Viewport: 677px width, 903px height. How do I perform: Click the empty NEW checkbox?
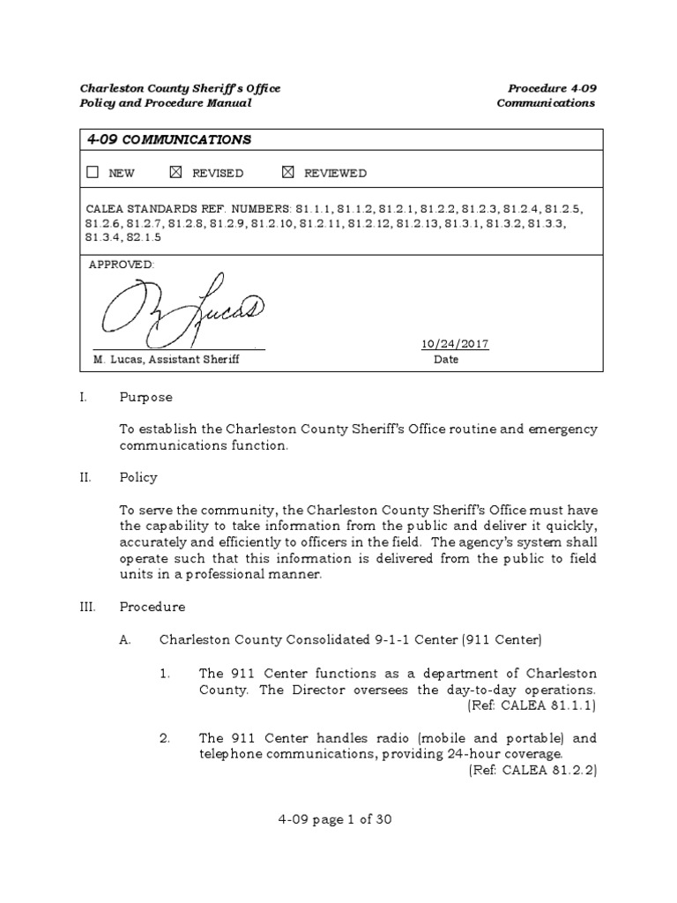point(93,173)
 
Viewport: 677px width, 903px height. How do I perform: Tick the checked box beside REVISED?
point(175,173)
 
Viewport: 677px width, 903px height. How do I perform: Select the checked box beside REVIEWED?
point(287,173)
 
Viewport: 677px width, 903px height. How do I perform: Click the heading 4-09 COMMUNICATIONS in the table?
point(168,139)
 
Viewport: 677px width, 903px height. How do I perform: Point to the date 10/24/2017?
point(456,345)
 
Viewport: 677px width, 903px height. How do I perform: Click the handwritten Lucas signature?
point(181,311)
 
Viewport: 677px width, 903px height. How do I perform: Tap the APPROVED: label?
point(123,265)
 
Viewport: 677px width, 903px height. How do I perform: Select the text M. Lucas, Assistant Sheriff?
point(167,360)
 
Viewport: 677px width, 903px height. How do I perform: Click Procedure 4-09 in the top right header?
point(552,88)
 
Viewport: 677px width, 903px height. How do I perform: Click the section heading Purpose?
point(146,398)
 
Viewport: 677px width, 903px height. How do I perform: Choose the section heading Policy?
point(139,477)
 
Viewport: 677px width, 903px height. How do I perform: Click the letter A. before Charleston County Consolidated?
point(124,638)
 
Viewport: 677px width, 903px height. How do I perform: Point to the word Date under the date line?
point(446,360)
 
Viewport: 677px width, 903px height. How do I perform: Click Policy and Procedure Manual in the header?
point(166,103)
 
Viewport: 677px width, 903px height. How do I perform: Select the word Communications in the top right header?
point(546,103)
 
